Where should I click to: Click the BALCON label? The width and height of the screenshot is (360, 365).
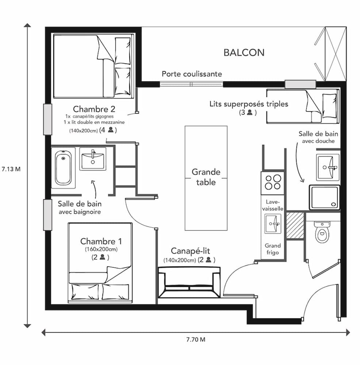[244, 53]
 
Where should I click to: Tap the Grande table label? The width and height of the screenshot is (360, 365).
[206, 177]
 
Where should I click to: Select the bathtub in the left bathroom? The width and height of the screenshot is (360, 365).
[63, 168]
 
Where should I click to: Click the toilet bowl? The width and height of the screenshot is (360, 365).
[322, 233]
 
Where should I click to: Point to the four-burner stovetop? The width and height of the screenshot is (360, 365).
[272, 181]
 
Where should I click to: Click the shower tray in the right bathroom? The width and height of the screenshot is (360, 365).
[324, 197]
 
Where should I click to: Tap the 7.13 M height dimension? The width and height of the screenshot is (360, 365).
[11, 169]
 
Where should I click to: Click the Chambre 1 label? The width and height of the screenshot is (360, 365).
[101, 241]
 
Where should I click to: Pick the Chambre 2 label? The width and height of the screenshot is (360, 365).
[94, 109]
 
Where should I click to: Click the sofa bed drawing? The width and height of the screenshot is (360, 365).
[189, 282]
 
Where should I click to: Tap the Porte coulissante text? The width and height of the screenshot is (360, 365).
[192, 74]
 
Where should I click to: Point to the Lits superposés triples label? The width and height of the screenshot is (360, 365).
[249, 104]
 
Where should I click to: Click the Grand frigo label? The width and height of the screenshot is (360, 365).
[272, 249]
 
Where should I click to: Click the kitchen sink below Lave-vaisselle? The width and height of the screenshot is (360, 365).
[272, 223]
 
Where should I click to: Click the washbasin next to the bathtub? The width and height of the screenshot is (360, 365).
[93, 159]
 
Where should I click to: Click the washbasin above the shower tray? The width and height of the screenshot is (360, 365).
[328, 167]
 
